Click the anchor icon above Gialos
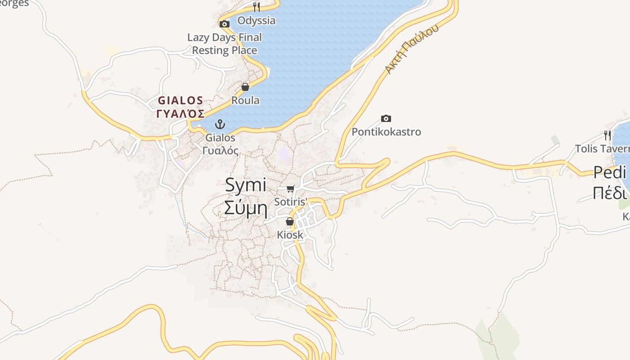(x=220, y=124)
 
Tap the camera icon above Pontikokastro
(x=386, y=119)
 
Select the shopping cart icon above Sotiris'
(x=291, y=189)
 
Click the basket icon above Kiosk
(x=290, y=221)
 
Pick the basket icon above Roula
(x=245, y=87)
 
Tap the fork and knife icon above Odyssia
(x=256, y=7)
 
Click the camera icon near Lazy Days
(x=225, y=24)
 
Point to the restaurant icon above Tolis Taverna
(x=607, y=135)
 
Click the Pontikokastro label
(x=386, y=132)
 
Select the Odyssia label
(x=256, y=21)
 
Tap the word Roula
(x=245, y=100)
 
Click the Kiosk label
(x=290, y=235)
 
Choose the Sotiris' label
(x=291, y=202)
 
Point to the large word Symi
(x=246, y=185)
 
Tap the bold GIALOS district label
(x=180, y=100)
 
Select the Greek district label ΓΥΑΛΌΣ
(x=180, y=113)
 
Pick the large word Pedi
(x=610, y=172)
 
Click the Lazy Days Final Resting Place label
(x=225, y=44)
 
